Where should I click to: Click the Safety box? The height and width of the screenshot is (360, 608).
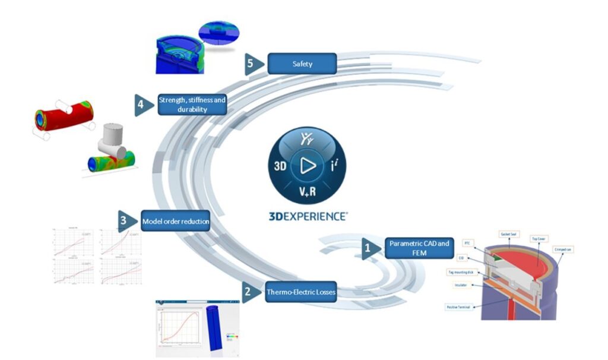point(302,64)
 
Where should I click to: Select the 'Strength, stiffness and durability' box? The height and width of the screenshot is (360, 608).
point(192,105)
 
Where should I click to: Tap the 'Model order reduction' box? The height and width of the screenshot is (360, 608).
point(175,222)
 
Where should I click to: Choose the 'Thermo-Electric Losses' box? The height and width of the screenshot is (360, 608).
point(300,292)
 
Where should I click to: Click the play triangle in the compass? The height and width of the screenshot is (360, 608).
point(308,165)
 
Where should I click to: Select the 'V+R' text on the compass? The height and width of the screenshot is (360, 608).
point(308,191)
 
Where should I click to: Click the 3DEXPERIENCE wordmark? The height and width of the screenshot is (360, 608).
point(308,217)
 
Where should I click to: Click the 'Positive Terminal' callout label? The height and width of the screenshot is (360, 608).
point(459,307)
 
